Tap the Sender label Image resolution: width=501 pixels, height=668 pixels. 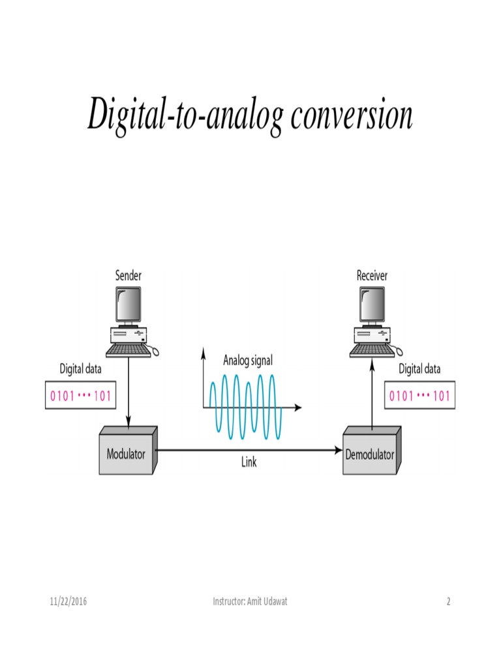[x=128, y=276]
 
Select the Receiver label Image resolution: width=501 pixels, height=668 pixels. [x=372, y=276]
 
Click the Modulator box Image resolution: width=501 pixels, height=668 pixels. [x=127, y=452]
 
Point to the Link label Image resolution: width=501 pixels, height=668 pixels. [x=249, y=463]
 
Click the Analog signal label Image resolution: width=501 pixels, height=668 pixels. [x=248, y=360]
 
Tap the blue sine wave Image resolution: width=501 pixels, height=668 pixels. [x=246, y=404]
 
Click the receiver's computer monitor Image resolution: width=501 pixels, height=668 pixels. [x=371, y=303]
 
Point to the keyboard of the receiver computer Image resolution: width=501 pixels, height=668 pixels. [x=372, y=351]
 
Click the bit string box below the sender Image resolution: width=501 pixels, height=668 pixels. [x=81, y=396]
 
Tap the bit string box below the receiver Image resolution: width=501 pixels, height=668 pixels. [x=419, y=396]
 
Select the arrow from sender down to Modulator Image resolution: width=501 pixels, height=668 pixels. [x=129, y=391]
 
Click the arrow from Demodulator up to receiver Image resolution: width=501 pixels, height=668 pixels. [x=372, y=391]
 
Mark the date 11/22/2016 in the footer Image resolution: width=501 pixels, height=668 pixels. [x=68, y=601]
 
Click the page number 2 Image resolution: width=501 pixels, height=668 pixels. [x=448, y=601]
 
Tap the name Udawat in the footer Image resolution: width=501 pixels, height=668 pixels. [x=273, y=601]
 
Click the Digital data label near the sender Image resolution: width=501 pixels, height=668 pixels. [x=81, y=369]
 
